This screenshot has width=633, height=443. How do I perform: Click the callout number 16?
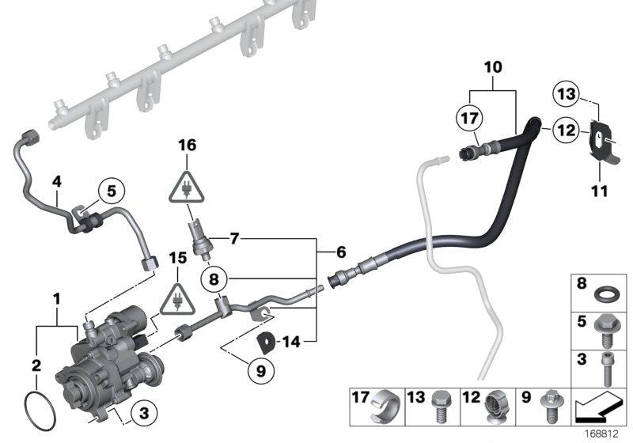(x=187, y=146)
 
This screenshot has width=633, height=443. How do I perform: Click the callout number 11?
(x=598, y=191)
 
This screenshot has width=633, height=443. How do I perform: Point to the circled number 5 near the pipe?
(x=111, y=190)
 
